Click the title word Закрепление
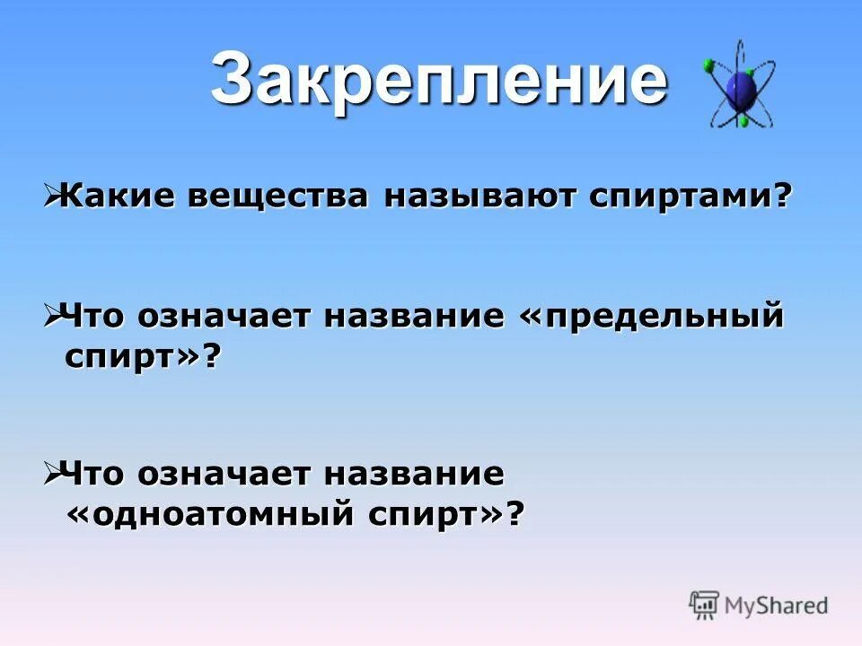439,79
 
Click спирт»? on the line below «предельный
143,357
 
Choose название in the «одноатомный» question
417,475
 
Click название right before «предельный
417,317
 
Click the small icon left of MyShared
704,605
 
